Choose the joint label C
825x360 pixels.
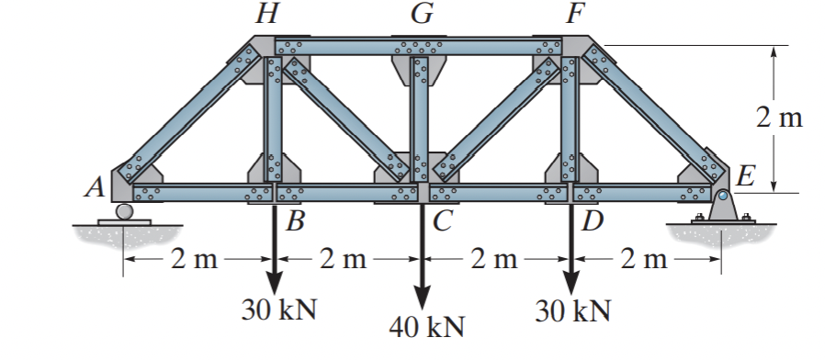tap(442, 220)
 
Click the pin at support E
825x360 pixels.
tap(723, 196)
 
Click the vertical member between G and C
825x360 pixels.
tap(421, 119)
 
